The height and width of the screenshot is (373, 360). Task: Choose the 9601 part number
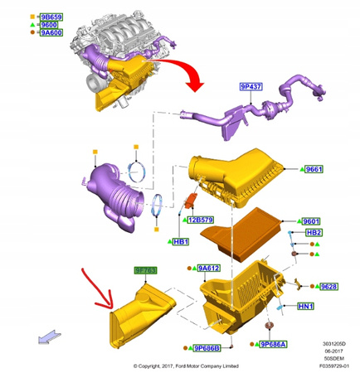309,221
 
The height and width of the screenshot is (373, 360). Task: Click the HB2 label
313,233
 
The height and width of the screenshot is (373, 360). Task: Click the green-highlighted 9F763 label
146,270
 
